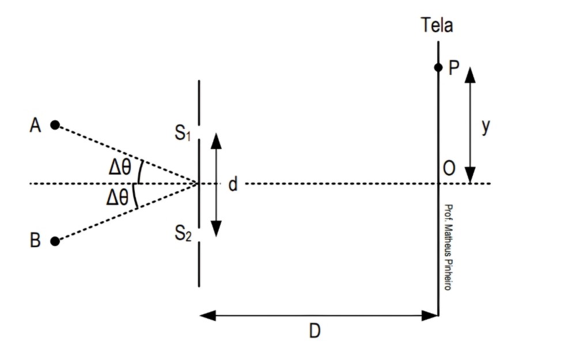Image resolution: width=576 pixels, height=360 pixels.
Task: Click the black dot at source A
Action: (55, 125)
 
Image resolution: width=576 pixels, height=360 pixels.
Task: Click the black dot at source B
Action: (55, 241)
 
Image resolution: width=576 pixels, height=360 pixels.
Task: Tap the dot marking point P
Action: (438, 67)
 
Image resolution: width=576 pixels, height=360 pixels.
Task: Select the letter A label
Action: (36, 126)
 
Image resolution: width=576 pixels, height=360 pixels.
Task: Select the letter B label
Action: (36, 241)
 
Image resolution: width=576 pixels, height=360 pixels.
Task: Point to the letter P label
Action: (454, 68)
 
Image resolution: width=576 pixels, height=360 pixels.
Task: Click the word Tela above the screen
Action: (437, 26)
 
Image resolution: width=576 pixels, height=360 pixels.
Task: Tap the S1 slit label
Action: (183, 135)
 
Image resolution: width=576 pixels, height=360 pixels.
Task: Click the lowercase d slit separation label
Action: (233, 184)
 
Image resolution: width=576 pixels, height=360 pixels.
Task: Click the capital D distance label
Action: (314, 332)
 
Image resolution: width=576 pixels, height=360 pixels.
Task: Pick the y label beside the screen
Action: (486, 127)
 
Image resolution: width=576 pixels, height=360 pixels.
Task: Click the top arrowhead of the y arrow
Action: (470, 74)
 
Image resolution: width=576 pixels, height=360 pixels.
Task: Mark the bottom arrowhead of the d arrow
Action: (216, 230)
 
